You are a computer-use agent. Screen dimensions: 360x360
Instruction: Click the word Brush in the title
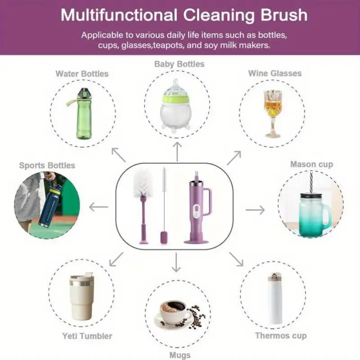tap(284, 15)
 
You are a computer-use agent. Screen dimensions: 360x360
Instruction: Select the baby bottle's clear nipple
tap(176, 87)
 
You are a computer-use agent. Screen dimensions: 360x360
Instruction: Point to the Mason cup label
tap(311, 164)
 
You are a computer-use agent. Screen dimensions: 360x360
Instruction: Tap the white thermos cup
tap(275, 298)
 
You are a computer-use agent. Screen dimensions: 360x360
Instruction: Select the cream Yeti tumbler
tap(81, 296)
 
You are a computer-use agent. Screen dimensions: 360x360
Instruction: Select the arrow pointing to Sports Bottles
tap(99, 207)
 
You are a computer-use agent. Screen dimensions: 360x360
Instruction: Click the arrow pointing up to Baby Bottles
tap(177, 152)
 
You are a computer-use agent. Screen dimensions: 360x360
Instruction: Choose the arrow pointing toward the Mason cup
tap(255, 210)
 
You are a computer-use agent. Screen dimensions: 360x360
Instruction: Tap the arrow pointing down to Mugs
tap(176, 262)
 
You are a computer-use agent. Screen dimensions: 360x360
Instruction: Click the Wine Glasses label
tap(275, 73)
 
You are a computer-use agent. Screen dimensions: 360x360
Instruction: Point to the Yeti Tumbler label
tap(87, 336)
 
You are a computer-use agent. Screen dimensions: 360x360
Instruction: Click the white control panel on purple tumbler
tap(196, 211)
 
